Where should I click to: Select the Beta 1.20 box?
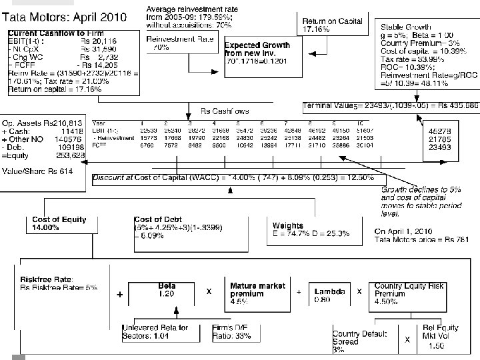tap(167, 291)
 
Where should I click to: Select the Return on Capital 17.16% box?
tap(333, 25)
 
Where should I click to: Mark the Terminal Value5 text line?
tap(390, 105)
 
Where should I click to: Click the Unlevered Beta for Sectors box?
tap(155, 331)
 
